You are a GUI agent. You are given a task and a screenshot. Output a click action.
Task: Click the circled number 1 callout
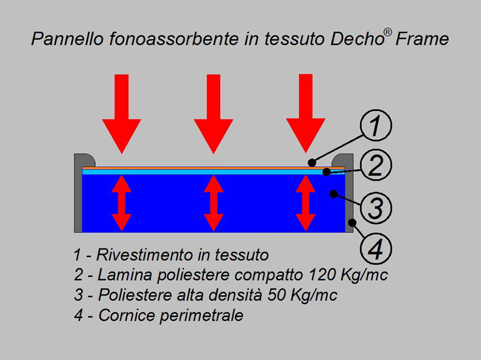pos(376,125)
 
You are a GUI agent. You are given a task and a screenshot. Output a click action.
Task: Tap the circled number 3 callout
pos(376,208)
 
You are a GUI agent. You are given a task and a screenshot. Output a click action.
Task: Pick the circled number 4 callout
pos(376,248)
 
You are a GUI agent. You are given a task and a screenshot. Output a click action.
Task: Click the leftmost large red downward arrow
pos(121,113)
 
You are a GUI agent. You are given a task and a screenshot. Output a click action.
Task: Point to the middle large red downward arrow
pos(214,113)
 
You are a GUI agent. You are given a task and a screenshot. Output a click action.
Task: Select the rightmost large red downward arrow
pos(306,113)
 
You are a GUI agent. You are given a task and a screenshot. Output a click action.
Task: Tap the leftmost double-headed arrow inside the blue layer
pos(121,203)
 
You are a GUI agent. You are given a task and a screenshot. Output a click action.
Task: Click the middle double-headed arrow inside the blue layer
pos(214,203)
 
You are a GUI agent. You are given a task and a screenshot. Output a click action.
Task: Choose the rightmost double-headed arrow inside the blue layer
pos(306,203)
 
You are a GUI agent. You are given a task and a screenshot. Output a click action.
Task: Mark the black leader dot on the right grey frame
pos(353,222)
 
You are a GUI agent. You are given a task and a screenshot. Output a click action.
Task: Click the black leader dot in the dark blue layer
pos(334,194)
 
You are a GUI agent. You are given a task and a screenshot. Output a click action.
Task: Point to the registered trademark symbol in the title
pos(388,32)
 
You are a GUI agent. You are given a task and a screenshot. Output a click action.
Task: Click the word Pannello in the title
pos(67,39)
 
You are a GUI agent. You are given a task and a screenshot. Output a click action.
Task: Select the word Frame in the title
pos(422,39)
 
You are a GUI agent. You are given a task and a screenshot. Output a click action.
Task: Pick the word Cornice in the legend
pos(127,315)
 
